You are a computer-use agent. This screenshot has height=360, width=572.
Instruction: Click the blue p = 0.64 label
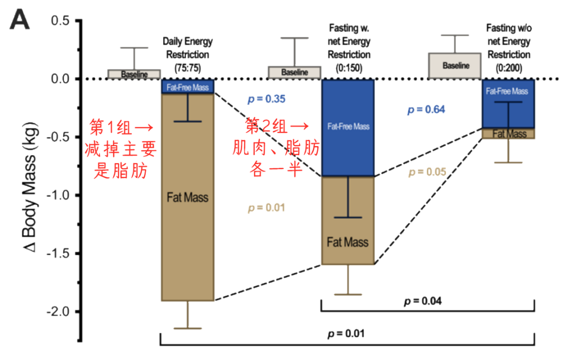426,110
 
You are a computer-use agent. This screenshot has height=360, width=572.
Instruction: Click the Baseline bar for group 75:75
134,74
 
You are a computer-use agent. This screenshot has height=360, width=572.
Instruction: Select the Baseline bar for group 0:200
455,66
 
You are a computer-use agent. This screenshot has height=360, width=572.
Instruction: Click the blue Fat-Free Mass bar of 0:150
348,127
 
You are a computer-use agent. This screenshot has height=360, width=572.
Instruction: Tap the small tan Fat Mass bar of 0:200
508,133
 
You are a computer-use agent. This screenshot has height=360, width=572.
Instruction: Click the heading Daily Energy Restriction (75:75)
187,54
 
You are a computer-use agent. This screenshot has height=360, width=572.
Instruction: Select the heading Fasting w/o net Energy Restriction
509,42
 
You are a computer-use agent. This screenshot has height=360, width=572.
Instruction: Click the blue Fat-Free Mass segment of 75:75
187,87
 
